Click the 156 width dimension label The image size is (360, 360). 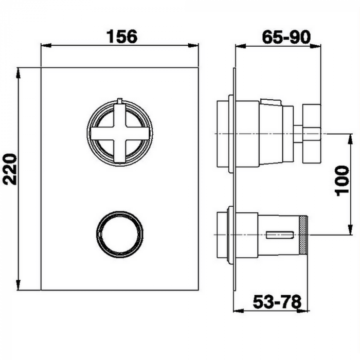pos(122,37)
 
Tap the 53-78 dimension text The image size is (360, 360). pos(277,302)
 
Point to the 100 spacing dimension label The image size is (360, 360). pos(342,181)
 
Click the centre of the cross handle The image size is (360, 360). pos(120,133)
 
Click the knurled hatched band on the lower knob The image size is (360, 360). pos(304,235)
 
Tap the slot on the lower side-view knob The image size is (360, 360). pos(280,236)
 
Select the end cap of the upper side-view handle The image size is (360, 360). pos(312,133)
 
